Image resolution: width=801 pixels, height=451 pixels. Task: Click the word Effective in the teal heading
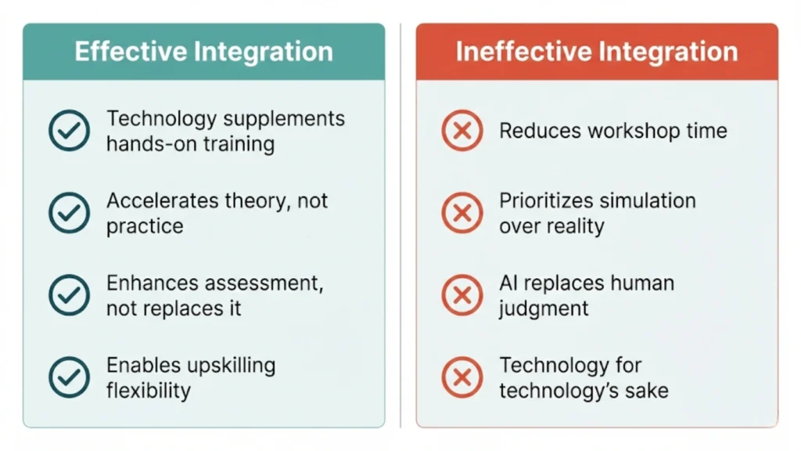[x=130, y=52]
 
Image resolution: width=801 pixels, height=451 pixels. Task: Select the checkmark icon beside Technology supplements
[x=69, y=131]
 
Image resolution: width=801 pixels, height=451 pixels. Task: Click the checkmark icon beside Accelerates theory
[x=69, y=213]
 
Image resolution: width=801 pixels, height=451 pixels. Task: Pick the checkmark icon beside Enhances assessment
[x=69, y=294]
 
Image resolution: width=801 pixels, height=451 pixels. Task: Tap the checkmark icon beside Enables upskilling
[x=69, y=377]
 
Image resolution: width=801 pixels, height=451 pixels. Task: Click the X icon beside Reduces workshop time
[x=462, y=131]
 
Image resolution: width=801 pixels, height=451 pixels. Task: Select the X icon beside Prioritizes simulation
[x=462, y=213]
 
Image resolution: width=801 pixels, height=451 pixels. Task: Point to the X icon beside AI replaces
[x=462, y=294]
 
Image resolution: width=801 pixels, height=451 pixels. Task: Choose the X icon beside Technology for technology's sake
[x=462, y=377]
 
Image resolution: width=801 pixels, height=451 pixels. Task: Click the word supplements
[x=284, y=119]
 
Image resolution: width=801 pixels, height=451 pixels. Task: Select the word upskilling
[x=232, y=366]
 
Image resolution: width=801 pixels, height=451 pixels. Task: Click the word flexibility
[x=148, y=390]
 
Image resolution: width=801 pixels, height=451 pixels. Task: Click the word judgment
[x=544, y=308]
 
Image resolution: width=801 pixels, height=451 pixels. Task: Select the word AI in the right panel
[x=509, y=283]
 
